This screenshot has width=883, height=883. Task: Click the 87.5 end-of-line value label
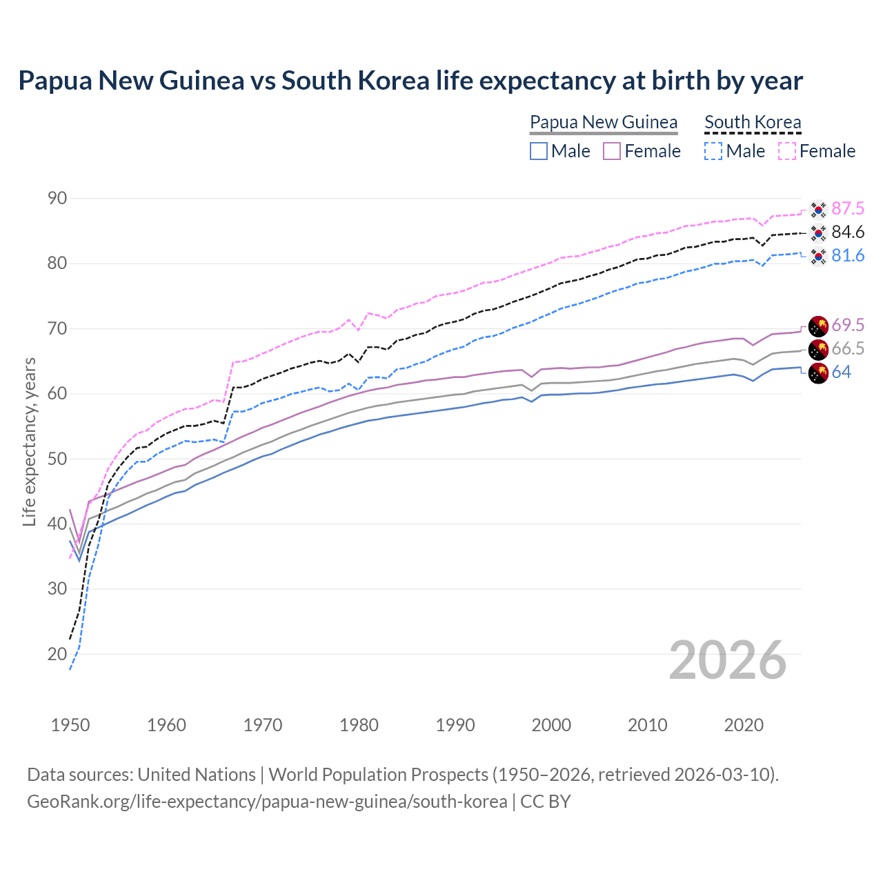pyautogui.click(x=848, y=209)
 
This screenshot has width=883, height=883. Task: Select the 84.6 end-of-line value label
pyautogui.click(x=848, y=232)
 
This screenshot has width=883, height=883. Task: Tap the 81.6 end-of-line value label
pyautogui.click(x=848, y=256)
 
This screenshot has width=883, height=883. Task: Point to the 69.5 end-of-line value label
pyautogui.click(x=848, y=326)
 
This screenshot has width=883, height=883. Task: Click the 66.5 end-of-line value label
pyautogui.click(x=848, y=349)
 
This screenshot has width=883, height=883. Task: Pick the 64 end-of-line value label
pyautogui.click(x=842, y=373)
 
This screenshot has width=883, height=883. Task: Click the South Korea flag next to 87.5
pyautogui.click(x=818, y=209)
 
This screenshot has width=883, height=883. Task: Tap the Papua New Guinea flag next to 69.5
pyautogui.click(x=818, y=326)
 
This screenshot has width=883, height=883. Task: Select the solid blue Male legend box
pyautogui.click(x=539, y=151)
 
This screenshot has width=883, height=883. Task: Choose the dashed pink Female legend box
pyautogui.click(x=787, y=151)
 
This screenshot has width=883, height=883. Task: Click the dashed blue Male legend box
pyautogui.click(x=713, y=151)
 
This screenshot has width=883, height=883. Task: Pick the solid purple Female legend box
pyautogui.click(x=612, y=151)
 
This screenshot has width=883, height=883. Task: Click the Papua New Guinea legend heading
pyautogui.click(x=604, y=122)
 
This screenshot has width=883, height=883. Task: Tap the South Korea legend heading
pyautogui.click(x=753, y=122)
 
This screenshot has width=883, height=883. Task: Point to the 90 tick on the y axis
pyautogui.click(x=57, y=199)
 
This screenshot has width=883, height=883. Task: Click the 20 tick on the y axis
pyautogui.click(x=57, y=654)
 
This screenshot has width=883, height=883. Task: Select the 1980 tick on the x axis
pyautogui.click(x=359, y=725)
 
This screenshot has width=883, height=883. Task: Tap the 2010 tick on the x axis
pyautogui.click(x=648, y=725)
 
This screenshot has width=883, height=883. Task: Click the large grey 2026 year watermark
pyautogui.click(x=728, y=660)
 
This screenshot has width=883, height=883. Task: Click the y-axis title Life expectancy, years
pyautogui.click(x=29, y=441)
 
